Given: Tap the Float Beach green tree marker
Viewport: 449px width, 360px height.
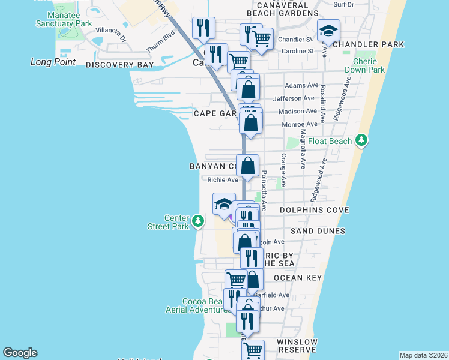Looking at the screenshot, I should point(361,140).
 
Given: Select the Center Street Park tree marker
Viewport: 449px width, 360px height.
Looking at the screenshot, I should point(198,222).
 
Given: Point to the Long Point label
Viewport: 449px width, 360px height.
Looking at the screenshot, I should point(53,62).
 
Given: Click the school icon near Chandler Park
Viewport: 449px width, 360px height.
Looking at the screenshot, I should point(328,32).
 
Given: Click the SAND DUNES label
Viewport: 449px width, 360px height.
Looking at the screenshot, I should point(318,231).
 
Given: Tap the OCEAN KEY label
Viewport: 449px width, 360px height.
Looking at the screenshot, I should point(298,278).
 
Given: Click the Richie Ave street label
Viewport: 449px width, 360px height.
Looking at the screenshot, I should point(223,179).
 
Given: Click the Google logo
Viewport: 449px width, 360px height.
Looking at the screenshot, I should point(20,353).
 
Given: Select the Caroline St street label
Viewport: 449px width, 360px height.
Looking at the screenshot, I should point(298,52).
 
